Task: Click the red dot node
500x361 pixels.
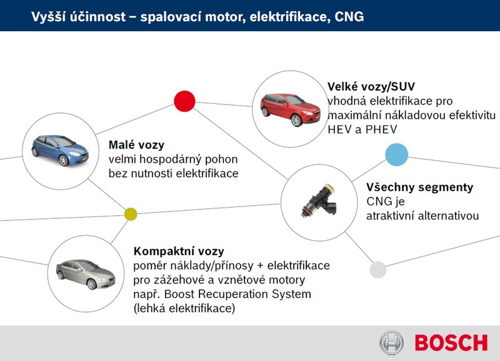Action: [x=184, y=101]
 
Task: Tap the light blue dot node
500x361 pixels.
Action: [x=397, y=155]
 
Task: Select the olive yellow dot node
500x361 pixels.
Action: [x=131, y=214]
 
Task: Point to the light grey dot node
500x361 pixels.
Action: [x=378, y=270]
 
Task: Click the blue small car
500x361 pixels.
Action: [x=60, y=150]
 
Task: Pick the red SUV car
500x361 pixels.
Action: [x=290, y=109]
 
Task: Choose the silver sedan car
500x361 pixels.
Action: [x=86, y=274]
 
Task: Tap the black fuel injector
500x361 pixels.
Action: [x=319, y=201]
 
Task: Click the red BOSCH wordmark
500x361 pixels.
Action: [x=451, y=343]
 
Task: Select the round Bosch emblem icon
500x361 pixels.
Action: [x=392, y=343]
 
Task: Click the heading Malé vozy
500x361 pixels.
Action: [x=136, y=145]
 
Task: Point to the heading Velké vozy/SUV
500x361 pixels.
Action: [x=371, y=86]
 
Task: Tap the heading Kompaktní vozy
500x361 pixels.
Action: [x=179, y=252]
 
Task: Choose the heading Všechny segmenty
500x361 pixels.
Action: [x=419, y=187]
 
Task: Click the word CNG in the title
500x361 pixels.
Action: [x=349, y=17]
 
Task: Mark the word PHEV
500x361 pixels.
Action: [x=381, y=130]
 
